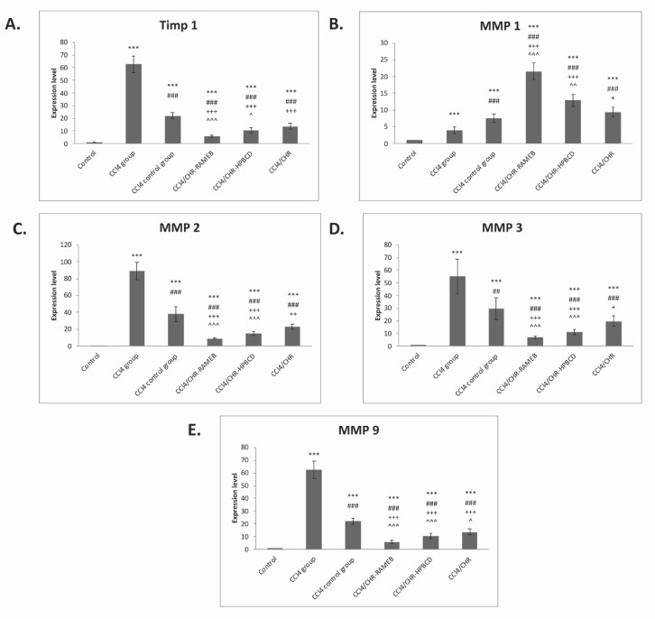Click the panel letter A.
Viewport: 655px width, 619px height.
click(13, 23)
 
